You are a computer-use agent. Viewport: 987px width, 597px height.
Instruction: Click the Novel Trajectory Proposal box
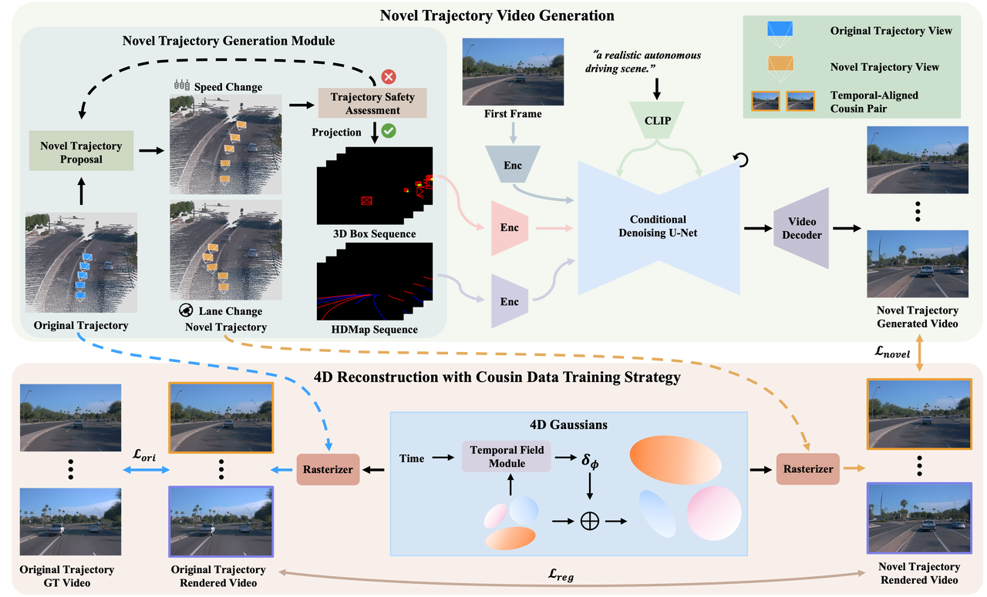tap(81, 152)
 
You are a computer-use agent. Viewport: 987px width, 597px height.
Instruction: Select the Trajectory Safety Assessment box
tap(372, 103)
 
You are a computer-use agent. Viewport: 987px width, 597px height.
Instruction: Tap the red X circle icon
tap(389, 76)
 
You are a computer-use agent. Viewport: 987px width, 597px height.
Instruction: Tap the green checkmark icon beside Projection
tap(389, 132)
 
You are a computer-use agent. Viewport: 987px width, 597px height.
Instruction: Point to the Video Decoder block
tap(802, 228)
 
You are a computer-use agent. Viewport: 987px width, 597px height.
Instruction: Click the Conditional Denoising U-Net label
tap(658, 226)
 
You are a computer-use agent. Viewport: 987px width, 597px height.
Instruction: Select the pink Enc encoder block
tap(510, 227)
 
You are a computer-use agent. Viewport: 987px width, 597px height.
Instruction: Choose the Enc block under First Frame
tap(512, 166)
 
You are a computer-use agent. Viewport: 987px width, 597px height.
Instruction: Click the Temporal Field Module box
tap(507, 457)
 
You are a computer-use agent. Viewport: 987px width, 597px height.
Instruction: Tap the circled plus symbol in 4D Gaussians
tap(590, 521)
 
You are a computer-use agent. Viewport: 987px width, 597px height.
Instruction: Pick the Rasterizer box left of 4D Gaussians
tap(328, 469)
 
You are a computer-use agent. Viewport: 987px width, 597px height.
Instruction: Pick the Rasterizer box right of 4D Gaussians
tap(807, 469)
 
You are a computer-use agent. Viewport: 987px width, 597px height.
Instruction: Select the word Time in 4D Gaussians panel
tap(412, 458)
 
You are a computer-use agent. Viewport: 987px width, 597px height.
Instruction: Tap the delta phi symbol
tap(590, 460)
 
